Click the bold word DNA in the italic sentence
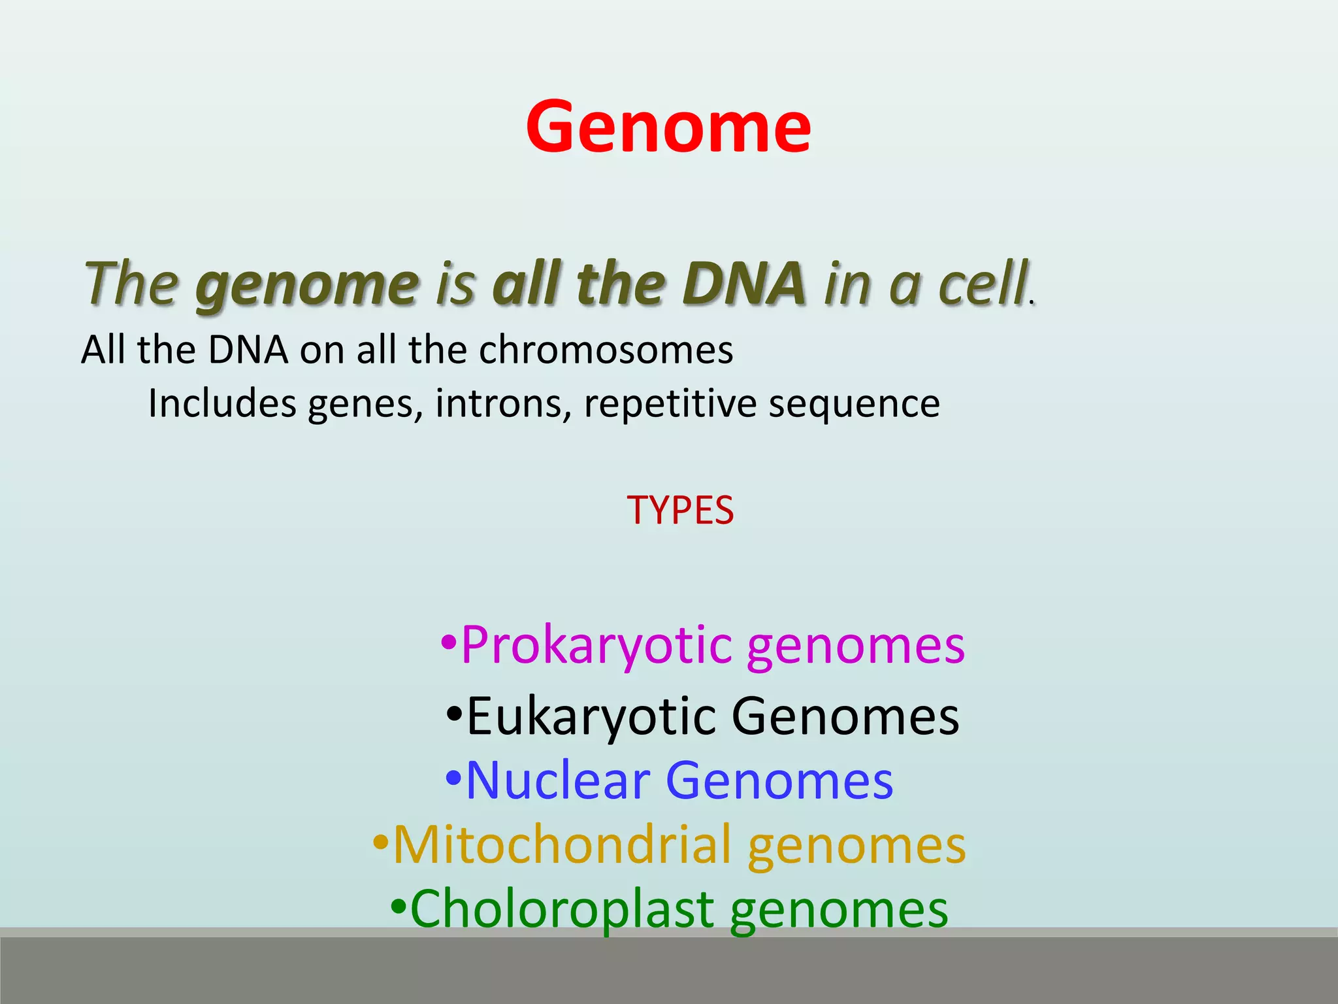744,284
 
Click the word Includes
222,403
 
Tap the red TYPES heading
680,510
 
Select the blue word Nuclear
559,780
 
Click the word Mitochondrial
562,845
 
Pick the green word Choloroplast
562,909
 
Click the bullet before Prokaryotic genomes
448,643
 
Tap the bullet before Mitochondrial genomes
380,841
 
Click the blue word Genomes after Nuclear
779,780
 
